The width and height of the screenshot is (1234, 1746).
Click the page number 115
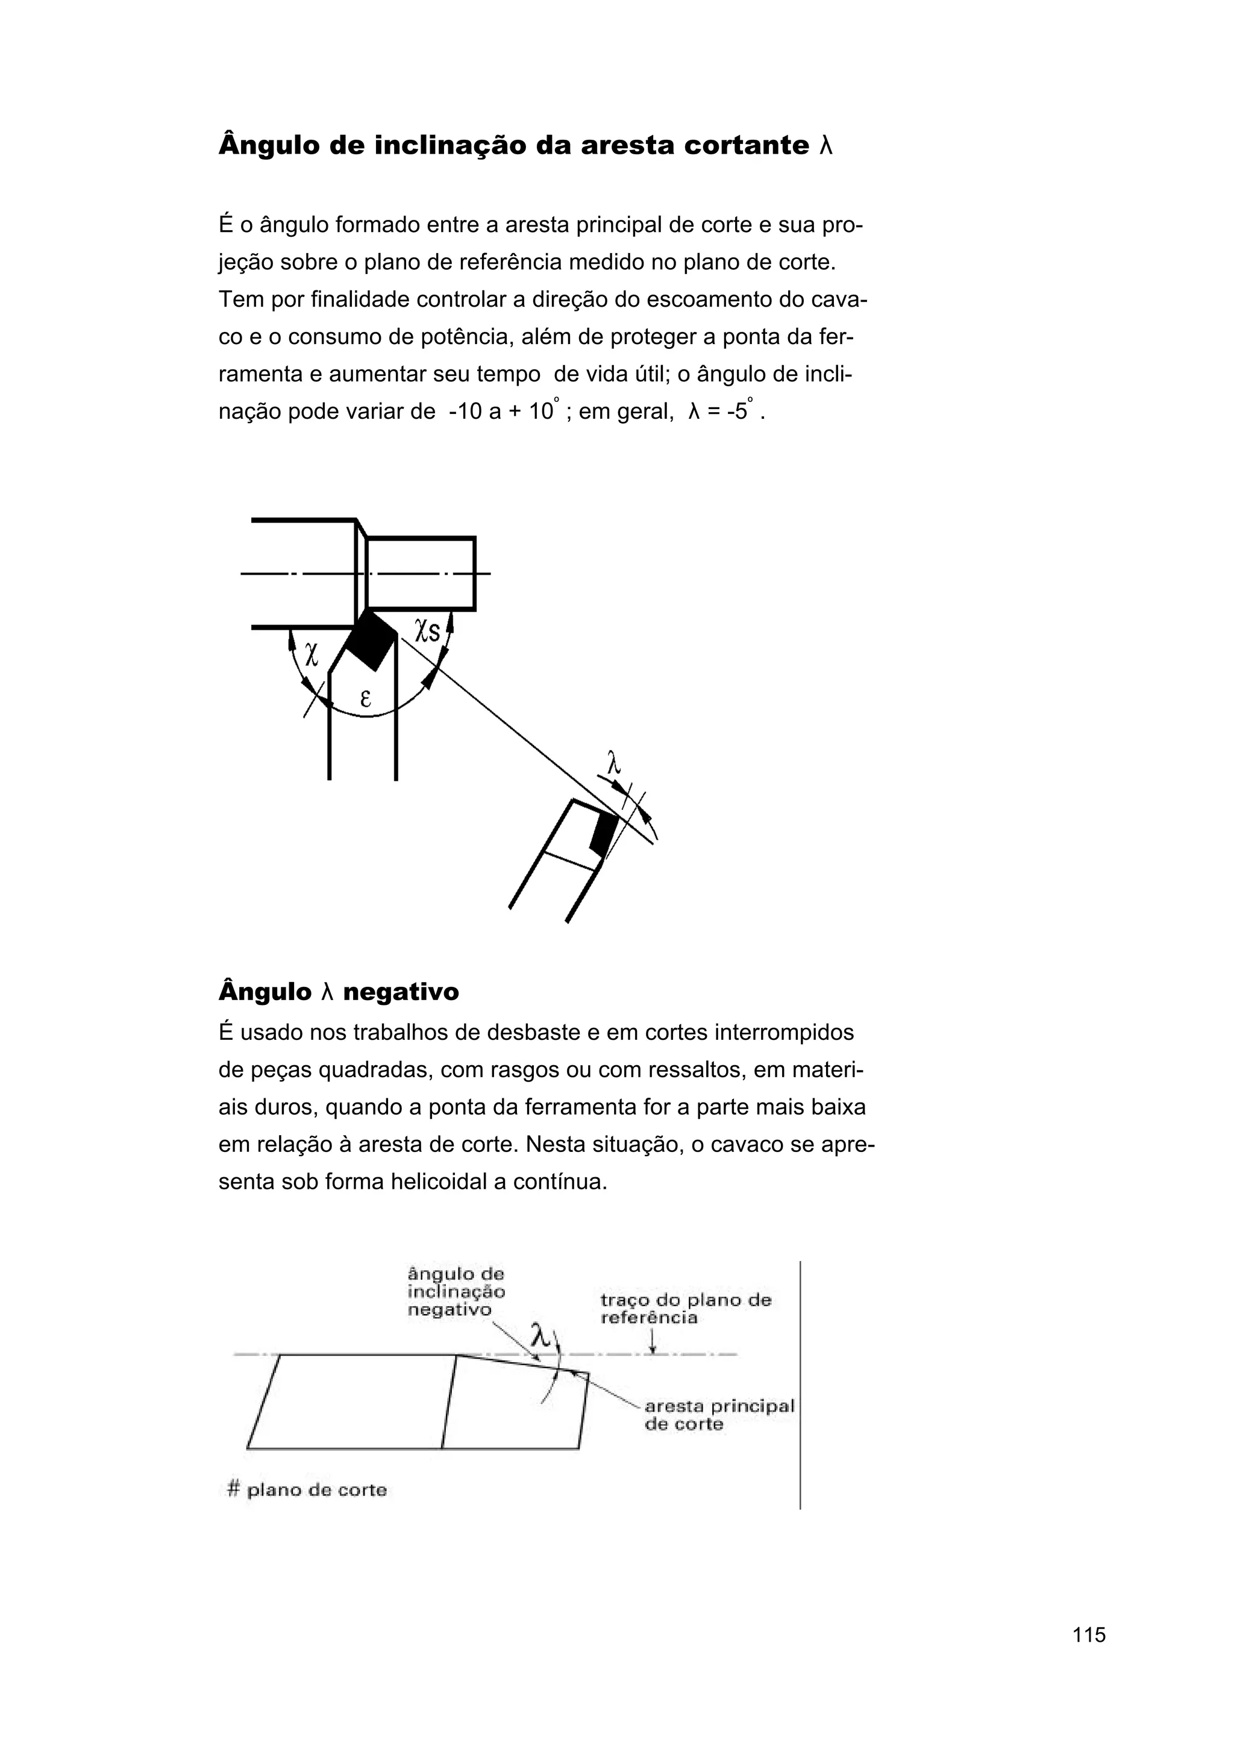tap(1089, 1634)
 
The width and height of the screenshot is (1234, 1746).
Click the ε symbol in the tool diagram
tap(365, 698)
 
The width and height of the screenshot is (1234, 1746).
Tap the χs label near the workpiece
tap(427, 630)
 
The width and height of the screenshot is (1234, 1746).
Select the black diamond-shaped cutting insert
tap(371, 640)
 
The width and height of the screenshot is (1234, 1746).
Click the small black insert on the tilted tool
tap(604, 834)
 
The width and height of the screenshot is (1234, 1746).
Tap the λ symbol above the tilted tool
tap(615, 763)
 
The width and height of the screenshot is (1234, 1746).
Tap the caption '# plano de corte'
tap(307, 1490)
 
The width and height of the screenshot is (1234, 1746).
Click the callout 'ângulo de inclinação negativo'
tap(456, 1291)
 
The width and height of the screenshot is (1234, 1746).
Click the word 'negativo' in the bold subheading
tap(401, 992)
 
